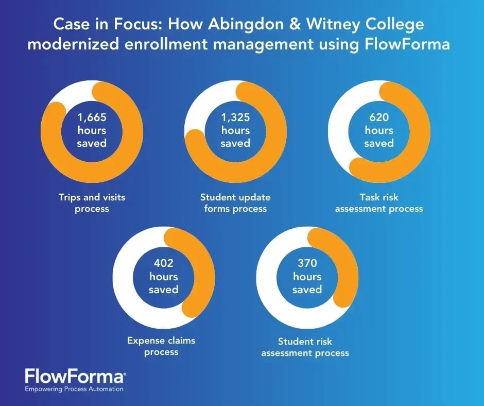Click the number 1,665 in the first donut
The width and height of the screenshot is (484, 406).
92,117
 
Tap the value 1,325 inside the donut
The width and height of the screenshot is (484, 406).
235,117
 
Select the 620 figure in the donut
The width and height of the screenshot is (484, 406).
379,117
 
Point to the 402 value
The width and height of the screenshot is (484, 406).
164,263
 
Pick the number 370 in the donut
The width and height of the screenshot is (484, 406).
307,263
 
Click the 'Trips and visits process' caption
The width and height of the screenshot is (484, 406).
92,202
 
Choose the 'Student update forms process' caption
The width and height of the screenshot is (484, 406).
235,202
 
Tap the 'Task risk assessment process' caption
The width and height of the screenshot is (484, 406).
379,202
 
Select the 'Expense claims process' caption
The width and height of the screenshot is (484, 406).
161,346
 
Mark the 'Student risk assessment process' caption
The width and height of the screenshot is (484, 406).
305,347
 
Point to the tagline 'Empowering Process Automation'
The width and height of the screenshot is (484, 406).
75,389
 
